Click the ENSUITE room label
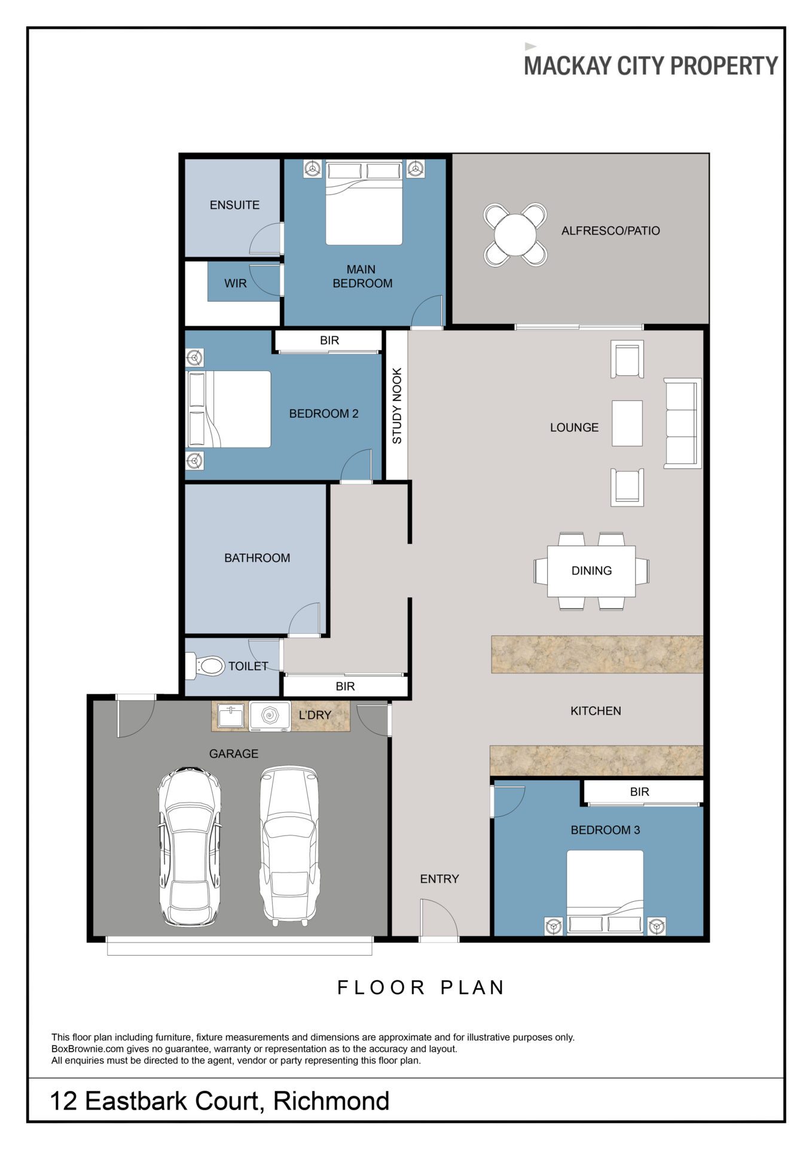[234, 205]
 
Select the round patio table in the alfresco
[515, 235]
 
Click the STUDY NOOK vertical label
[397, 406]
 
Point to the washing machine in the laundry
[270, 715]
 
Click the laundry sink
[230, 715]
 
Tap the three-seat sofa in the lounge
[682, 423]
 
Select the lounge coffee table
[627, 423]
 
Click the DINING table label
[591, 571]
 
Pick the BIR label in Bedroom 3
[639, 792]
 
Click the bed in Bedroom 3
[605, 892]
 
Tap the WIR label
[235, 284]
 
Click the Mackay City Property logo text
[651, 65]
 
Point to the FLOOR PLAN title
[421, 987]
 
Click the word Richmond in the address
[331, 1101]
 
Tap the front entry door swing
[439, 920]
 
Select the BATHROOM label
[257, 558]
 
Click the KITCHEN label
[596, 711]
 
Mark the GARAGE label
[233, 754]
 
